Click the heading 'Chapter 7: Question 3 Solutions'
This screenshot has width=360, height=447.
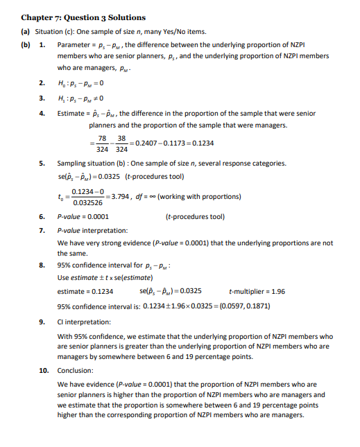pyautogui.click(x=85, y=17)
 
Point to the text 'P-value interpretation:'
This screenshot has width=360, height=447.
pyautogui.click(x=97, y=229)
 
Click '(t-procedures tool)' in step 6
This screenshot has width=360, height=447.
pyautogui.click(x=195, y=216)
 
